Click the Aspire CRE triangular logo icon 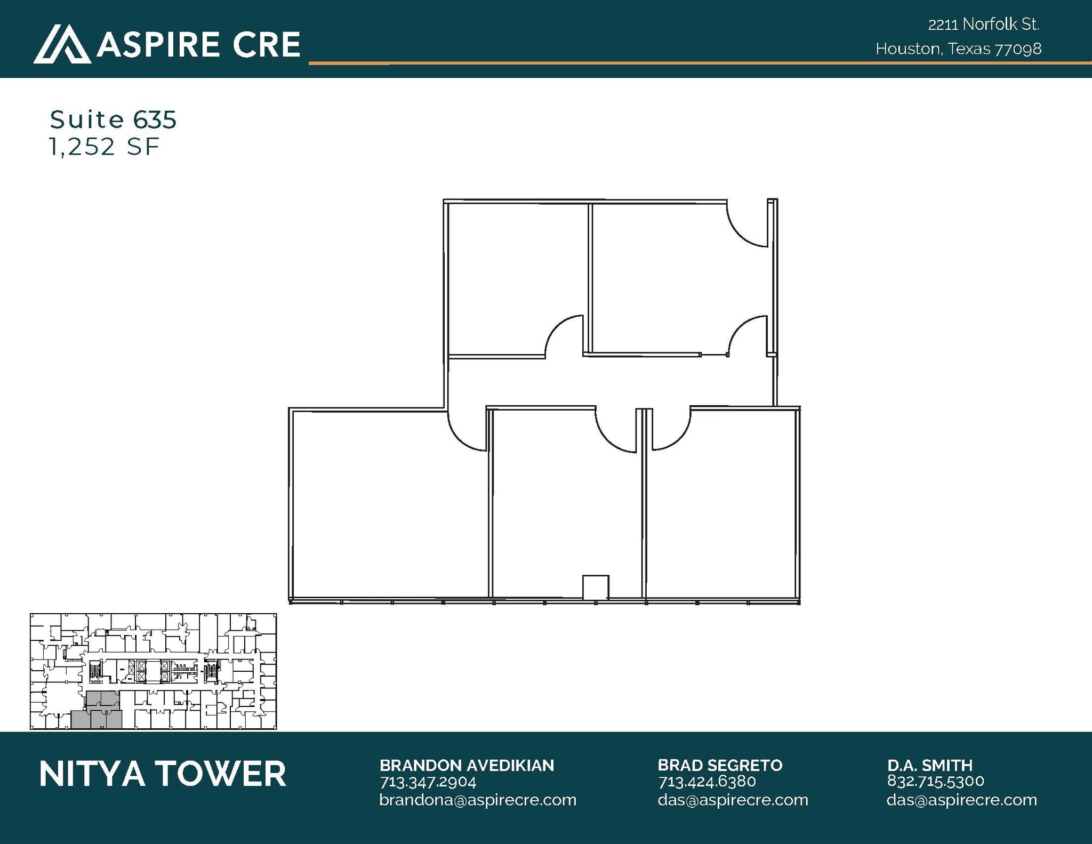point(62,44)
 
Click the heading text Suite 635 point(113,119)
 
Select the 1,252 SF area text point(104,147)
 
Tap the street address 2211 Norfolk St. point(983,25)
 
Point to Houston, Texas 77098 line point(958,49)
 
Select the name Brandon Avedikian point(467,765)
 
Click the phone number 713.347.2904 point(428,782)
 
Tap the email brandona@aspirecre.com point(478,800)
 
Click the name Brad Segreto point(720,765)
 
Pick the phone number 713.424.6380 point(707,782)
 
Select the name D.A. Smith point(930,765)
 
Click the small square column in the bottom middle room point(595,588)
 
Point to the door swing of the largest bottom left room point(467,431)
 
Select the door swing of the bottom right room point(671,430)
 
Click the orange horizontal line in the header point(693,63)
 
